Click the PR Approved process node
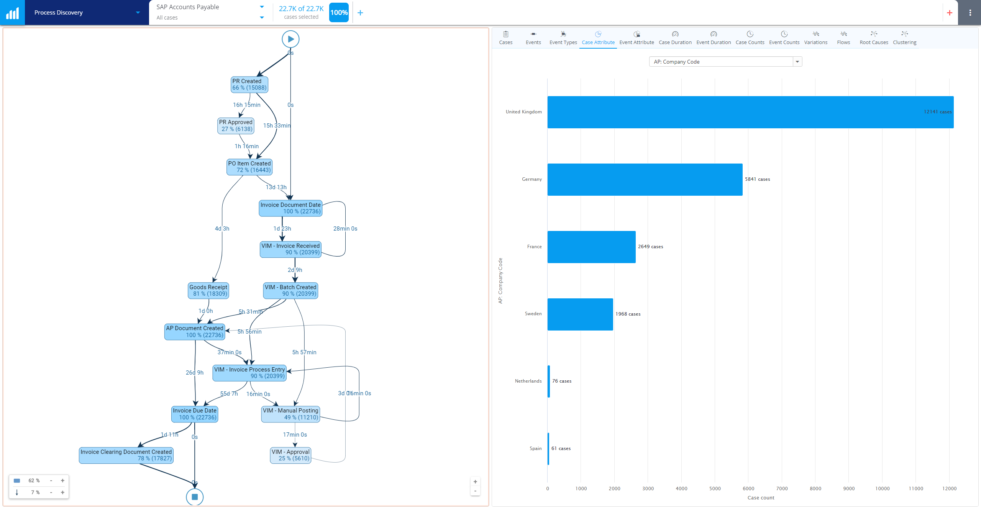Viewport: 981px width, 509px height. click(x=236, y=126)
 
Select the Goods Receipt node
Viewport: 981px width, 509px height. click(x=208, y=291)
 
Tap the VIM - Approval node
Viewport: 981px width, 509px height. click(x=290, y=455)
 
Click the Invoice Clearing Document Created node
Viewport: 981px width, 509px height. click(x=126, y=455)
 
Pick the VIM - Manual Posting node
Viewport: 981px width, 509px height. click(x=290, y=414)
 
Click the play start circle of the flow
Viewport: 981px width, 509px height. click(x=290, y=39)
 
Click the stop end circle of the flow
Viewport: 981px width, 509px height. click(x=195, y=497)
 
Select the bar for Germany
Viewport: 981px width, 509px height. click(x=645, y=180)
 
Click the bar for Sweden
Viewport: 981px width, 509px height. click(x=580, y=314)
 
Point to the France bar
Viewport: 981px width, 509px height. click(x=591, y=247)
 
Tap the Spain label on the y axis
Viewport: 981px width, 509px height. click(x=535, y=448)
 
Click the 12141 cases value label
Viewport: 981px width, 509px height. click(x=937, y=112)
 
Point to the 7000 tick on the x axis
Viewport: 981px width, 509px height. click(x=782, y=488)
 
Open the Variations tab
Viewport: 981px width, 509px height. click(x=815, y=38)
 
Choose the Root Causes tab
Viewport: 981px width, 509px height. click(x=874, y=38)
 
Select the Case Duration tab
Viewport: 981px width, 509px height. click(x=675, y=38)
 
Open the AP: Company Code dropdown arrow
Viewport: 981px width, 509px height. click(x=797, y=62)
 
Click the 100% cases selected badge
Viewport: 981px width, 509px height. click(x=339, y=13)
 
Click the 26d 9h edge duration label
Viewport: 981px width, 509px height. click(x=195, y=373)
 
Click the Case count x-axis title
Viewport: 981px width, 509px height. click(x=761, y=498)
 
